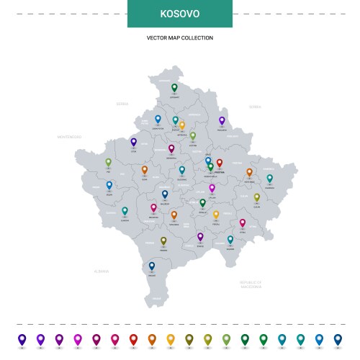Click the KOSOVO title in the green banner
[180, 14]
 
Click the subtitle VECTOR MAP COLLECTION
[180, 37]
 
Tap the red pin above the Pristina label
[220, 163]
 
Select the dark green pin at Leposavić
[174, 88]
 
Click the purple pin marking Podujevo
[222, 121]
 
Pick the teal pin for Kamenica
[270, 178]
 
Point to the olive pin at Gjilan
[257, 197]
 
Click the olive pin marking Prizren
[163, 241]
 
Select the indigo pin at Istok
[133, 143]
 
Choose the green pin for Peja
[109, 163]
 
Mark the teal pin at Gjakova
[125, 211]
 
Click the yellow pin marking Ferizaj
[216, 214]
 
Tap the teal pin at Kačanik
[230, 240]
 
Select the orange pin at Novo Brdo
[249, 173]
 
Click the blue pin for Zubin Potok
[158, 119]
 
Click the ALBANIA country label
[101, 271]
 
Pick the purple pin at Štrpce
[200, 236]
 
